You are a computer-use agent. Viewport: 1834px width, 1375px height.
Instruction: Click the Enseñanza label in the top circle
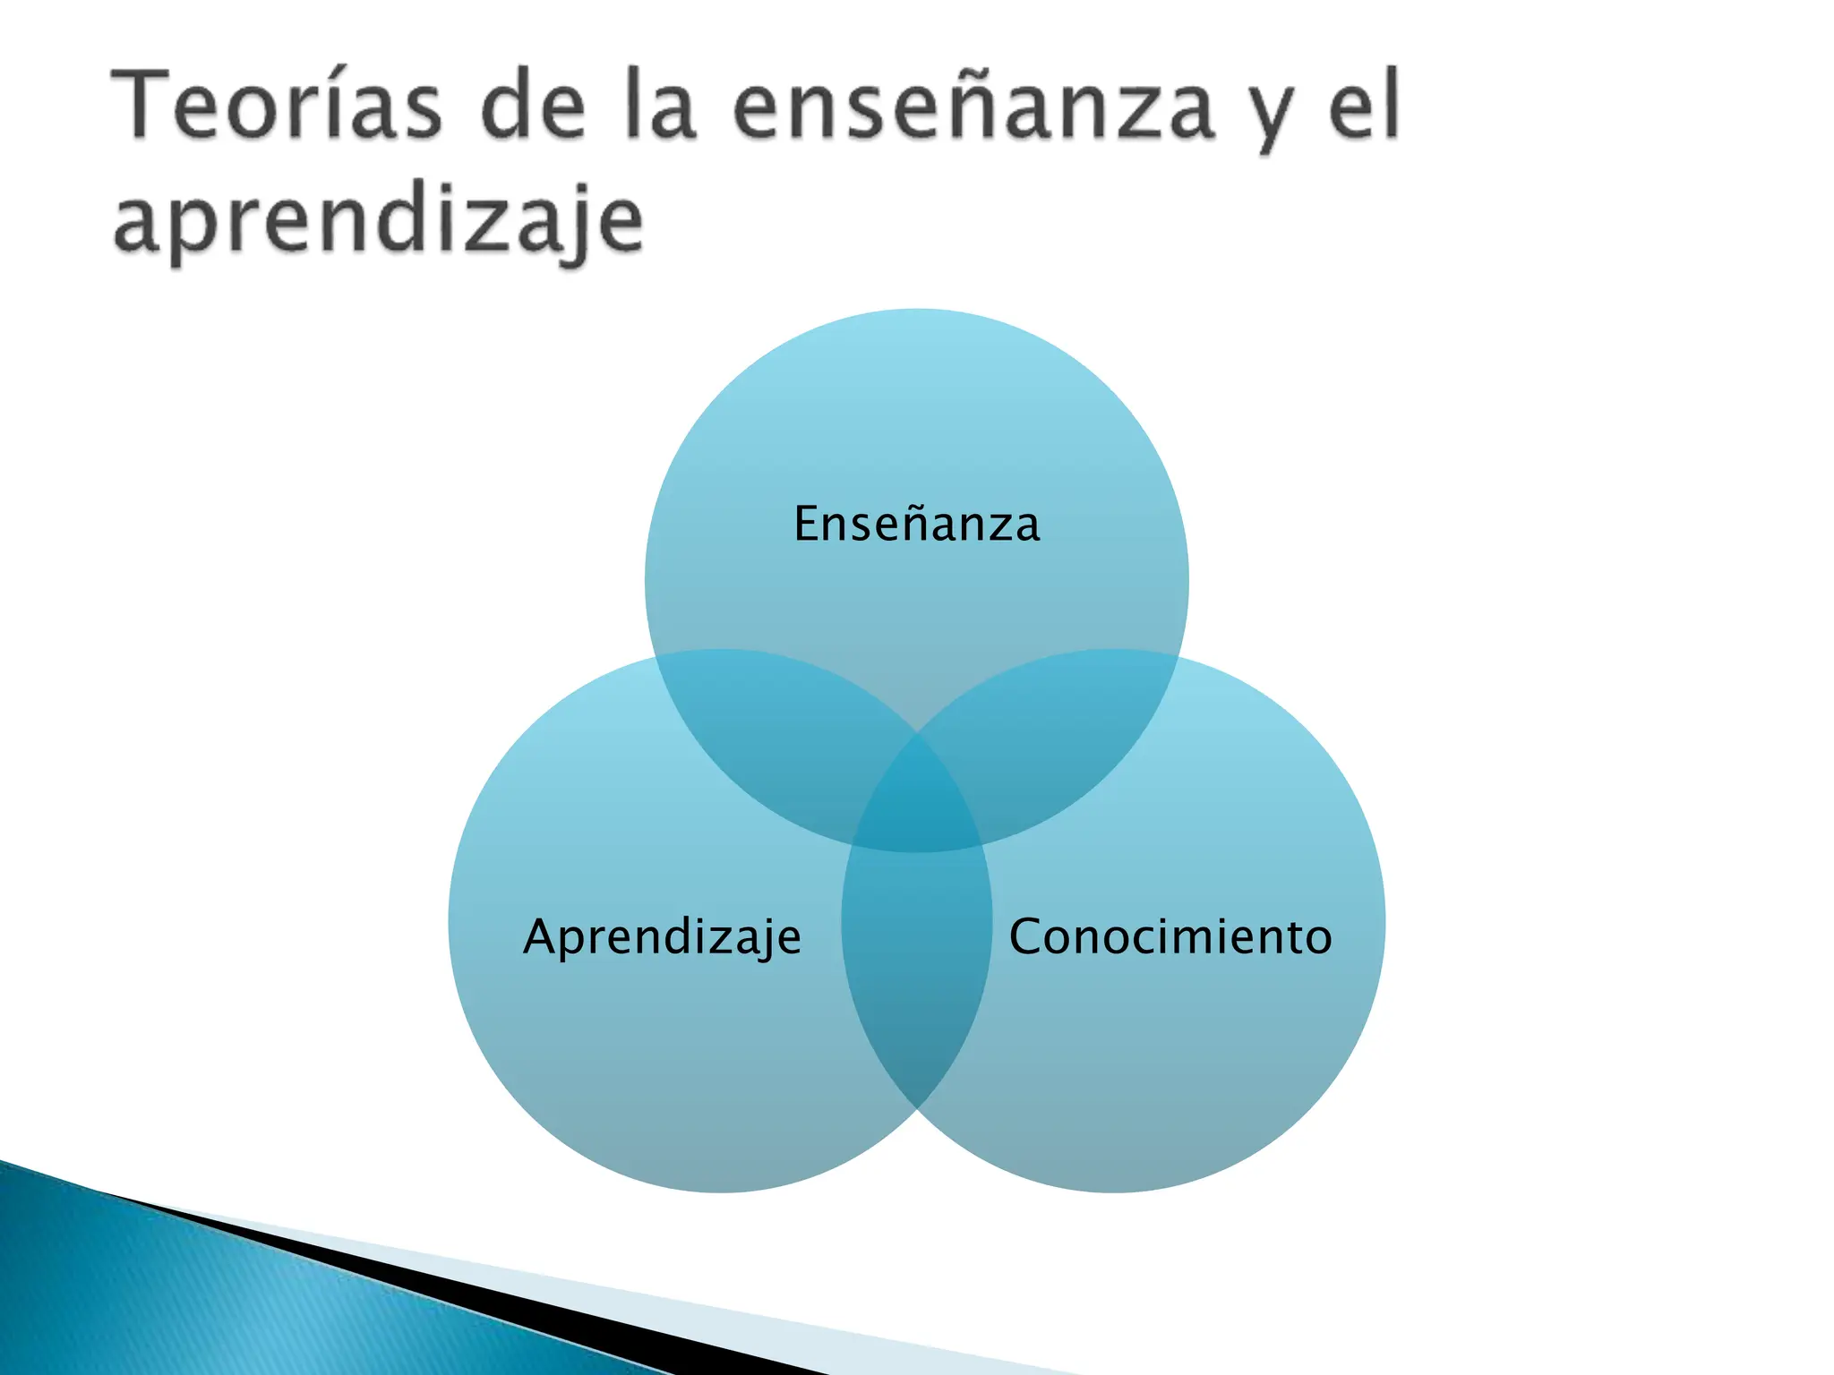click(x=916, y=524)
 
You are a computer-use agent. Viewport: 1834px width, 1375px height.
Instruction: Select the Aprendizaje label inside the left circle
click(x=662, y=937)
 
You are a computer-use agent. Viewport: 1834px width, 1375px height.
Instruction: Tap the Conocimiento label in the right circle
click(x=1170, y=937)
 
